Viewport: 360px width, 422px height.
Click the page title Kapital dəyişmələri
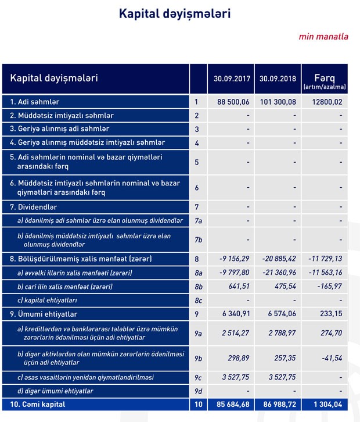(x=174, y=13)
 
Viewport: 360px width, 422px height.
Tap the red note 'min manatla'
(x=323, y=36)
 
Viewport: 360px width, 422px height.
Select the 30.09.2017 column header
(x=231, y=78)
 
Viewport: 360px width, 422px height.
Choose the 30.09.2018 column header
(x=277, y=78)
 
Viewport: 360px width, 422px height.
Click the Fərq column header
(x=324, y=78)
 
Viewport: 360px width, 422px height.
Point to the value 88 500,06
(x=233, y=102)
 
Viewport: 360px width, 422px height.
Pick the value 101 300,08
(x=278, y=102)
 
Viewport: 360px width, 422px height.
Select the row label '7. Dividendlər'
(x=34, y=206)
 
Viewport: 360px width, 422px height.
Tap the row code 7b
(x=198, y=239)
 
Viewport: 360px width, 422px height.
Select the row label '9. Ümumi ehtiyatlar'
(x=44, y=314)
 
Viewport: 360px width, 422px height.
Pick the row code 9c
(x=198, y=377)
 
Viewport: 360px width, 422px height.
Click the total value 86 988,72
(x=278, y=403)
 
